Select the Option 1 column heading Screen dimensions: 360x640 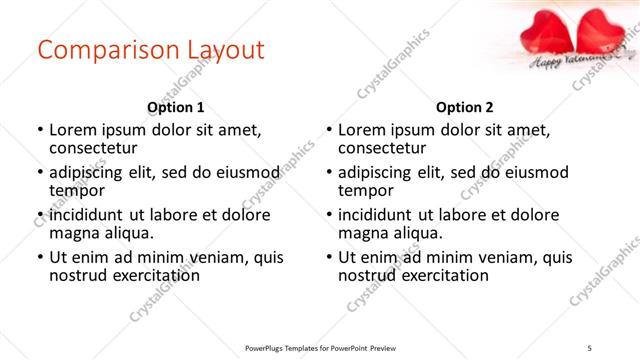coord(175,107)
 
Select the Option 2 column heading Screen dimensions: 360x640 coord(465,107)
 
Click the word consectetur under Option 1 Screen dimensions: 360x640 coord(92,149)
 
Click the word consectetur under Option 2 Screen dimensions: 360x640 coord(382,149)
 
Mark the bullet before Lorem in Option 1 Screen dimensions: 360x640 coord(40,130)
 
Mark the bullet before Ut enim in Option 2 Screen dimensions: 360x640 coord(330,257)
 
